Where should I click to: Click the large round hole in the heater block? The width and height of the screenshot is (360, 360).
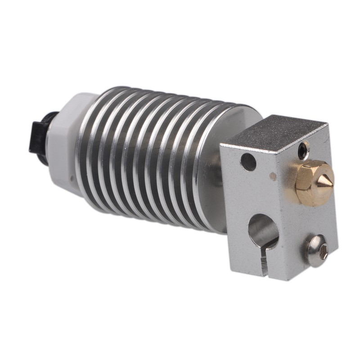click(263, 230)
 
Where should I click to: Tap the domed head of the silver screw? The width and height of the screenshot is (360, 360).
click(317, 250)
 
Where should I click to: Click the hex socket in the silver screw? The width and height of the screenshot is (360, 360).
click(322, 254)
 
